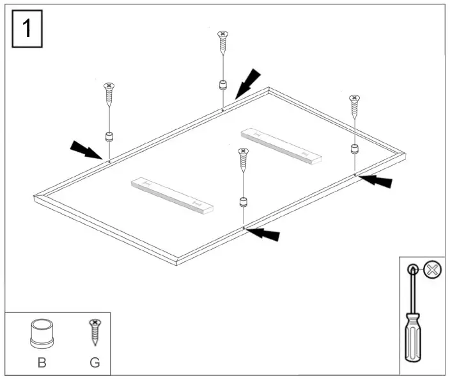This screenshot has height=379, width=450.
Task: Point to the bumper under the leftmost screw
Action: pos(109,136)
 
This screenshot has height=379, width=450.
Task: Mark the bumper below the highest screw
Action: pos(222,85)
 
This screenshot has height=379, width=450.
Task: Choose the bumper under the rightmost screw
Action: pos(355,149)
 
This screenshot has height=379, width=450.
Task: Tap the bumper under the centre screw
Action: pos(244,202)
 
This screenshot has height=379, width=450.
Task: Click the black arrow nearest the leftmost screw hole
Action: pos(86,150)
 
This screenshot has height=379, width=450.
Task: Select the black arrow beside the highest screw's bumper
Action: pos(248,83)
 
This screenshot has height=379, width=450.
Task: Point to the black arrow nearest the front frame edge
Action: pos(263,234)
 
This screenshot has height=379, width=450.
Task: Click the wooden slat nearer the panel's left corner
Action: pos(171,195)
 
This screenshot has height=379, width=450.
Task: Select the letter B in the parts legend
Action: pos(42,362)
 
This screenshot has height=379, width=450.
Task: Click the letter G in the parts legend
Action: pos(95,362)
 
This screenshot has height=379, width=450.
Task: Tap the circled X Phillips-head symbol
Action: pos(433,270)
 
